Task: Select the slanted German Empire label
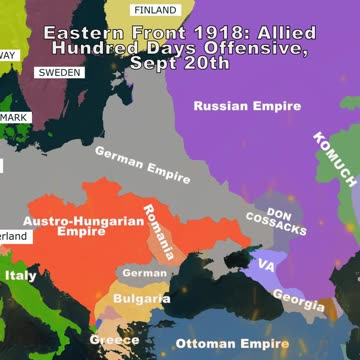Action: (142, 163)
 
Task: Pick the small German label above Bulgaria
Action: (145, 272)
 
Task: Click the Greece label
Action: (114, 340)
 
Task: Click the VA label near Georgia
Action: (266, 266)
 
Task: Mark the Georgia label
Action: (298, 298)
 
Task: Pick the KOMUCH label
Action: (335, 160)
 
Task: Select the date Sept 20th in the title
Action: (180, 62)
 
